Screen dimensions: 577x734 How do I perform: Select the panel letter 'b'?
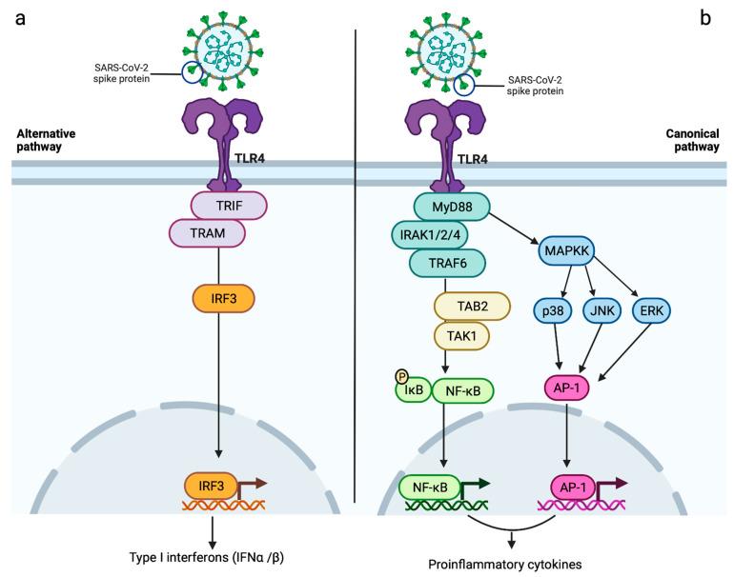point(705,17)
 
